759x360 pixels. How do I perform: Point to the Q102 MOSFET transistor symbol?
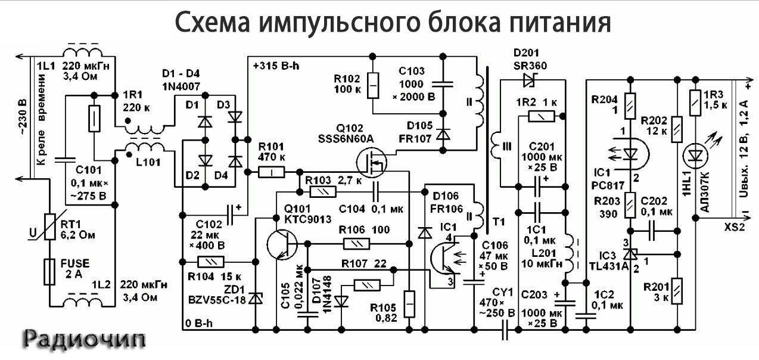tap(370, 162)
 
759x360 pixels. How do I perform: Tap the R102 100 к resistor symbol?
tap(372, 86)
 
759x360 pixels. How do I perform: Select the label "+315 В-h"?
tap(275, 66)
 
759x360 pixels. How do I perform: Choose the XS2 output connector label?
tap(733, 228)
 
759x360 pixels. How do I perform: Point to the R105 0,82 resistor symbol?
tap(409, 304)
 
